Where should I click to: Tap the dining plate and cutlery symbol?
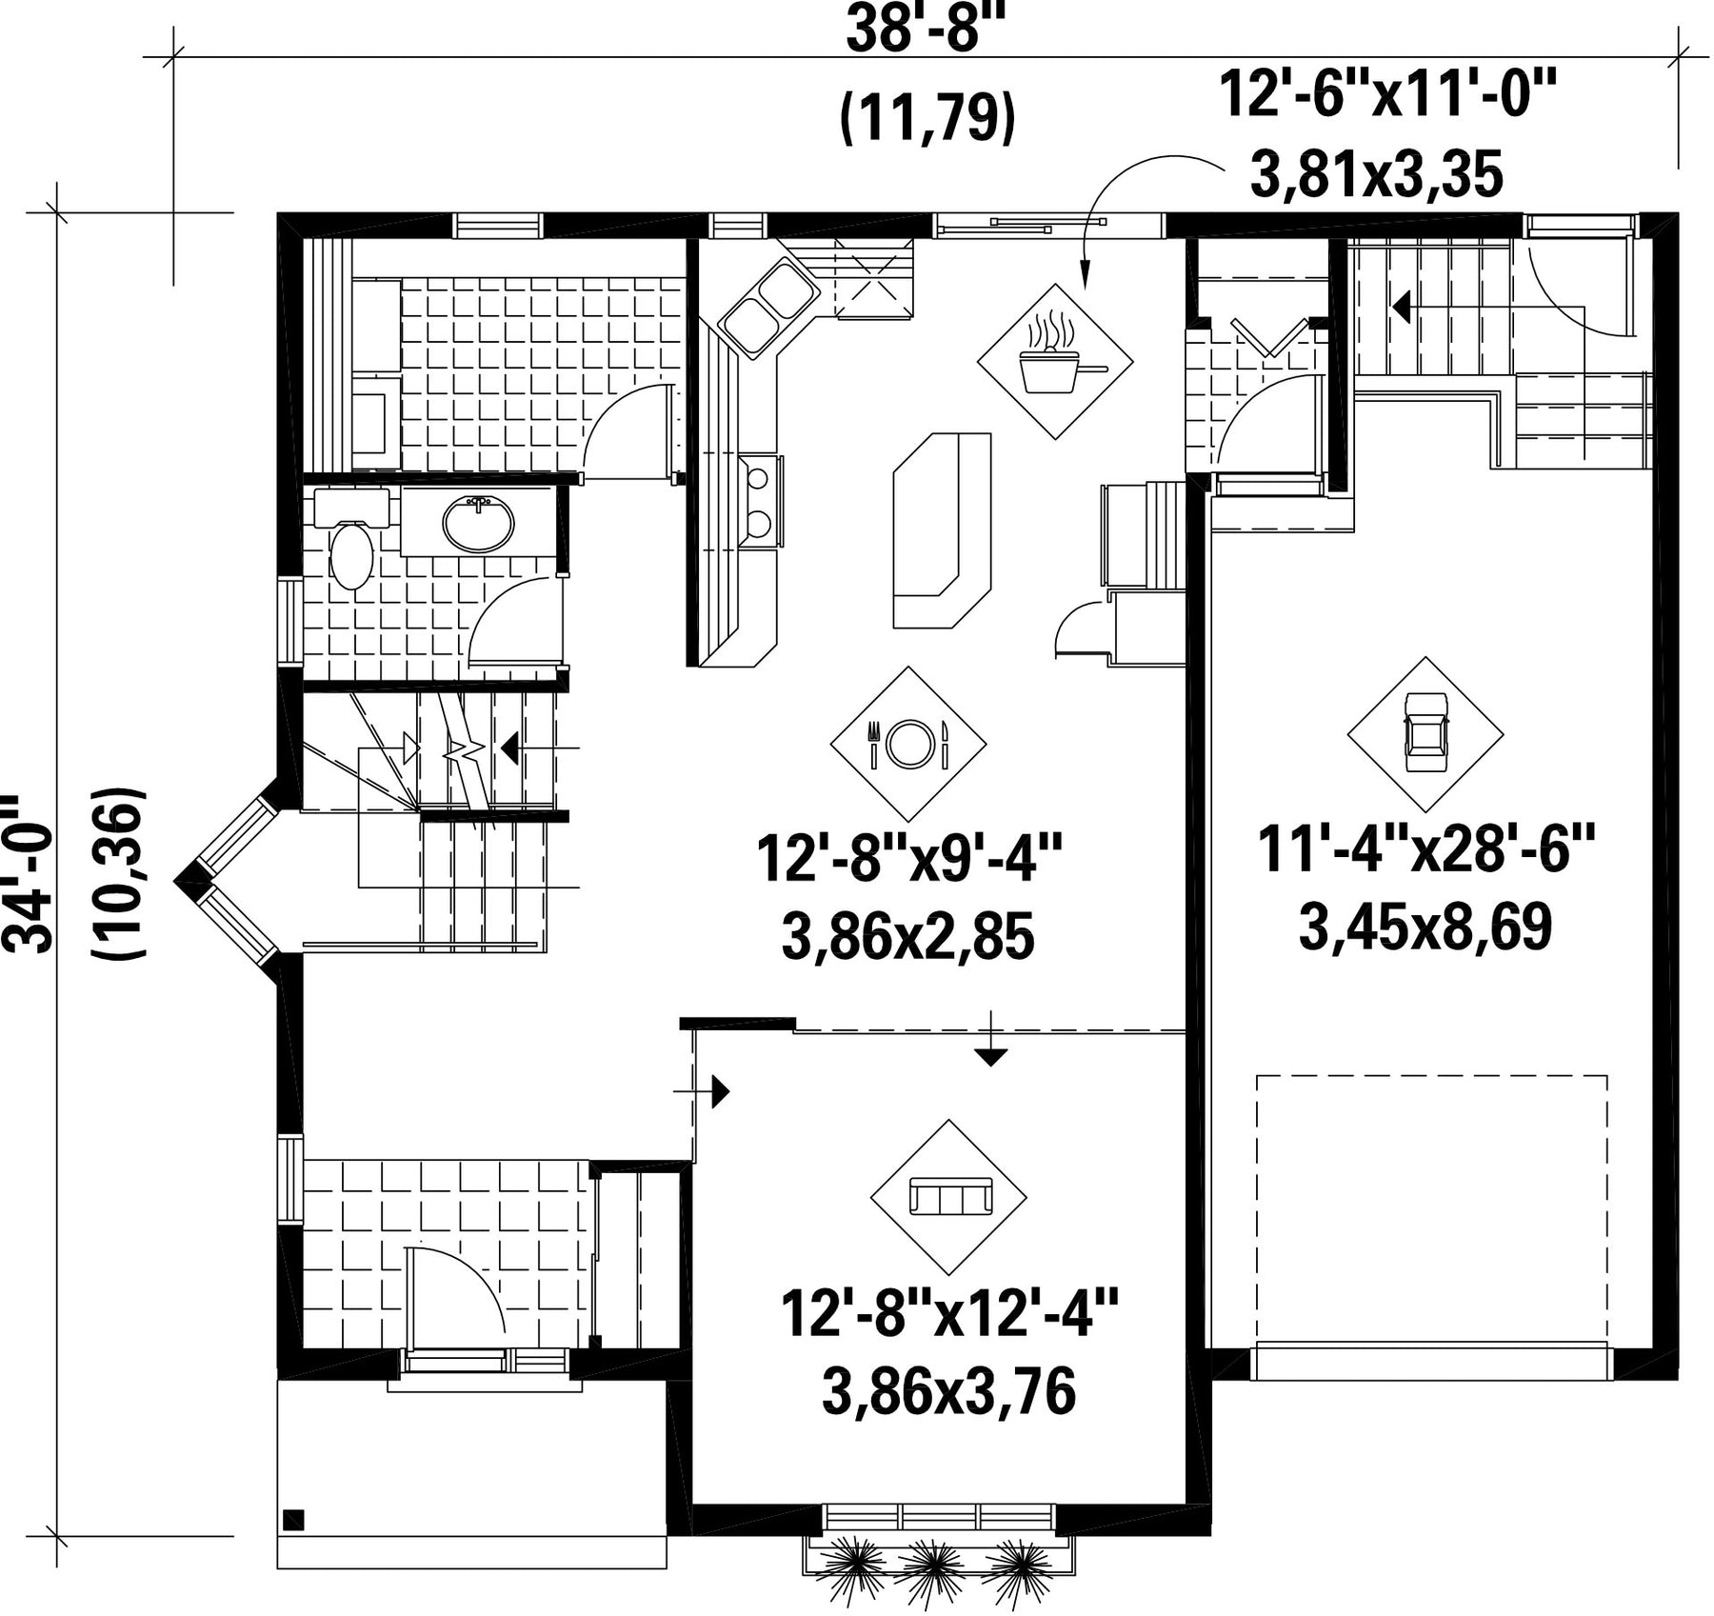point(908,743)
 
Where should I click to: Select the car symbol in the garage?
point(1425,734)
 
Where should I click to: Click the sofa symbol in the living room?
point(949,1196)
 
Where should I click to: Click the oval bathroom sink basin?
point(478,523)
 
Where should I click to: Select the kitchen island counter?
point(942,530)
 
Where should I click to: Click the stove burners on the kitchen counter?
point(760,500)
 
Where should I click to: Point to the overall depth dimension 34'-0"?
point(26,874)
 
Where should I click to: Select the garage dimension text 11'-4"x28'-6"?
point(1425,848)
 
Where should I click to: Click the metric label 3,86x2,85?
point(907,937)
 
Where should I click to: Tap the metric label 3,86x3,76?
point(948,1391)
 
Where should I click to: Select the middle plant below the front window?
point(931,1569)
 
